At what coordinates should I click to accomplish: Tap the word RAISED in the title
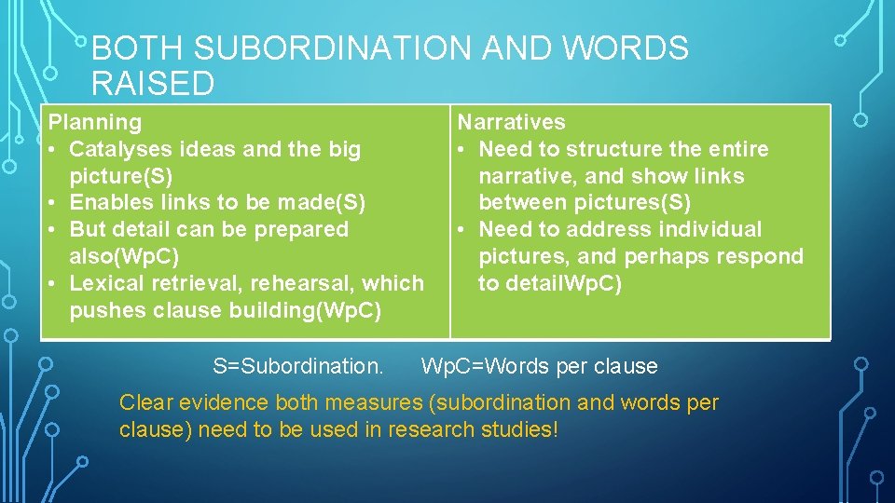coord(153,84)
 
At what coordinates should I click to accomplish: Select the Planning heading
coord(95,122)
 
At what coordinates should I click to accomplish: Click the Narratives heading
coord(511,122)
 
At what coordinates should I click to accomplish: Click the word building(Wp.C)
coord(305,310)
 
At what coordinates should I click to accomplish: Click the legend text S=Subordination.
coord(297,366)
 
